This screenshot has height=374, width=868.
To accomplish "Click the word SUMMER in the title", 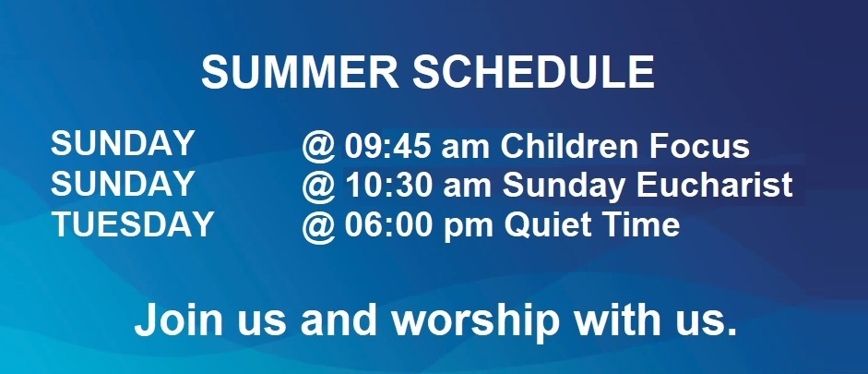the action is pos(300,72).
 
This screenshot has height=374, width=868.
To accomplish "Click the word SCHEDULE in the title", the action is pos(534,72).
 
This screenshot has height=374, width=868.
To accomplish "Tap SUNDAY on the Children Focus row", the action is pos(123,143).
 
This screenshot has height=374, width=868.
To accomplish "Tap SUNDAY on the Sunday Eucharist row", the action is pos(123,184).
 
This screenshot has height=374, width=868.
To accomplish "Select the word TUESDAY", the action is pos(133,224).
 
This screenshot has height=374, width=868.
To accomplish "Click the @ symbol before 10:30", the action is pos(319,187).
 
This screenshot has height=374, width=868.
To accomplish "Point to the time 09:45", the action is pos(388,146).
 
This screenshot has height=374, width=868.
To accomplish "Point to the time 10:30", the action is pos(388,187).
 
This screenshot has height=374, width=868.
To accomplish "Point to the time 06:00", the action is pos(388,226).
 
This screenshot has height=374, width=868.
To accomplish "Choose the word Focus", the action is pos(700,146).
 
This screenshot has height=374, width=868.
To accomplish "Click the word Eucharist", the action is pos(715,186).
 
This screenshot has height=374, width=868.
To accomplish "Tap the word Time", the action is pos(635,225).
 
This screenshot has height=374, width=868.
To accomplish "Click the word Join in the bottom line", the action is pos(178,320).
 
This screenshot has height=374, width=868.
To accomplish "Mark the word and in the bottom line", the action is pos(339,320).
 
